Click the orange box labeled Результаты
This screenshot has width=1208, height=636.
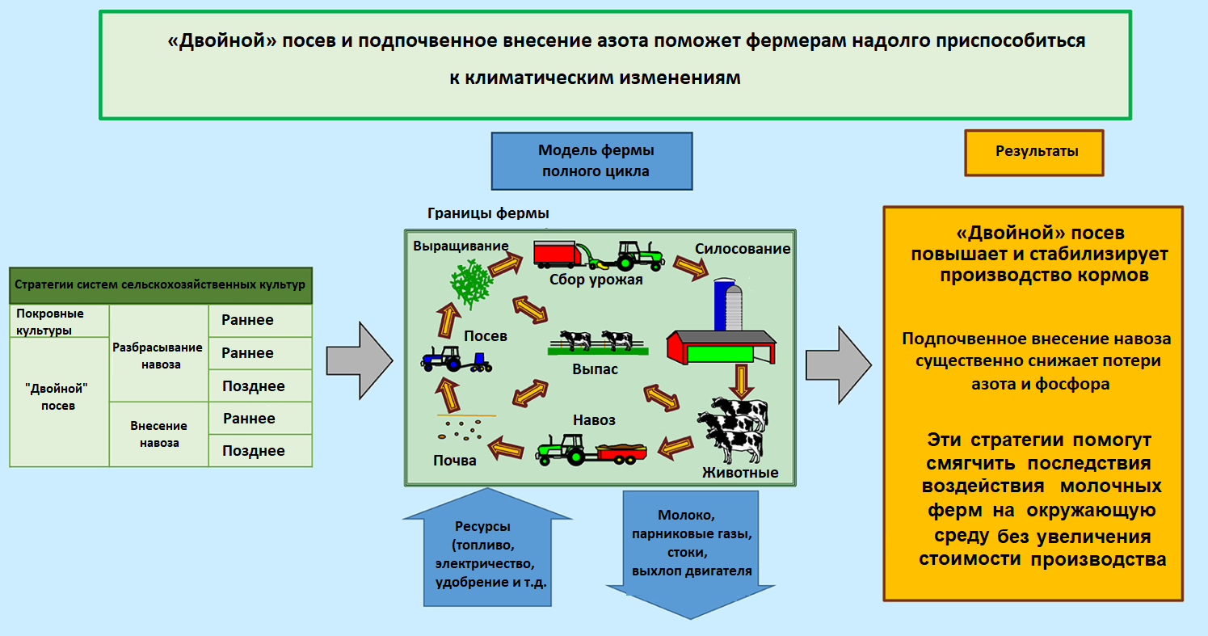coord(1033,152)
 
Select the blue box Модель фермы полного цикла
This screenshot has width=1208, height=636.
coord(592,161)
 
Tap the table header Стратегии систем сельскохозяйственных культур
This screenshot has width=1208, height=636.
coord(160,285)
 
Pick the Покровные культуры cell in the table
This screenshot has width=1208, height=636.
coord(59,321)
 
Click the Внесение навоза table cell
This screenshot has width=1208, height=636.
coord(158,434)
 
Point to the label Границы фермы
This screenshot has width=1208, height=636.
coord(488,214)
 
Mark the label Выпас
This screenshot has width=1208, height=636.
coord(595,369)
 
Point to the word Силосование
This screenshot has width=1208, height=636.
coord(743,249)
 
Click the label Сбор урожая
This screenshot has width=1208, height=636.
coord(596,280)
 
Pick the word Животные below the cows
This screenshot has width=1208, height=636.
coord(740,473)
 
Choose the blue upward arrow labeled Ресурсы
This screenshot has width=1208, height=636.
coord(486,550)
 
